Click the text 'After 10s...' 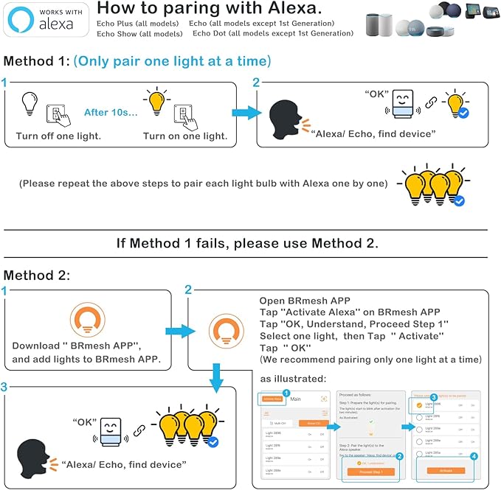(110, 112)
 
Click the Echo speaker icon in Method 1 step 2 (402, 104)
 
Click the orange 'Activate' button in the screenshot (446, 470)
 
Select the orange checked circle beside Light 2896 (420, 405)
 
